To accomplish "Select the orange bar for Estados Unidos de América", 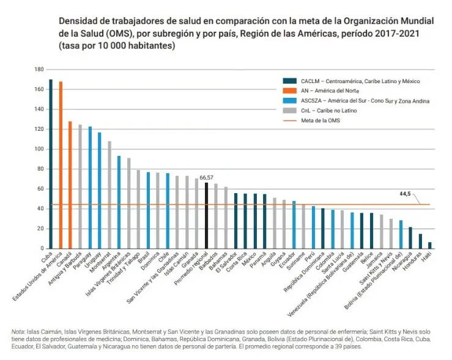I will click(61, 165).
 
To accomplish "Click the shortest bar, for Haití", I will click(429, 245).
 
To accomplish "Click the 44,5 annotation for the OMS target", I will click(405, 194).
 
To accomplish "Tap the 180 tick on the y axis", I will click(39, 70).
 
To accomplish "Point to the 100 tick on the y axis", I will click(39, 149).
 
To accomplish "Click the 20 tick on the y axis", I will click(40, 229).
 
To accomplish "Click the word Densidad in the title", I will click(78, 21).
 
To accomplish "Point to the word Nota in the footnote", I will click(18, 331).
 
